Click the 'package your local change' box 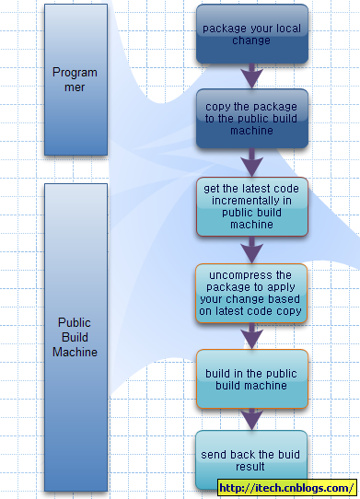pyautogui.click(x=251, y=34)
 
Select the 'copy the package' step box pyautogui.click(x=251, y=119)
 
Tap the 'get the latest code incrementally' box pyautogui.click(x=251, y=207)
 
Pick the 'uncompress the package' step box pyautogui.click(x=251, y=294)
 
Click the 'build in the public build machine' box pyautogui.click(x=251, y=378)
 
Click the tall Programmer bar pyautogui.click(x=75, y=79)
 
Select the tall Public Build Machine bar pyautogui.click(x=75, y=337)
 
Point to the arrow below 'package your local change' pyautogui.click(x=251, y=75)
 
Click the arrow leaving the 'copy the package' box pyautogui.click(x=251, y=163)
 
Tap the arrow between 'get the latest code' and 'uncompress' pyautogui.click(x=251, y=249)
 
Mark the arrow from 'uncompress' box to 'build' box pyautogui.click(x=251, y=337)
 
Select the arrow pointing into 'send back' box pyautogui.click(x=251, y=420)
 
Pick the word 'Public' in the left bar pyautogui.click(x=75, y=323)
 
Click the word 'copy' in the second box pyautogui.click(x=218, y=106)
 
